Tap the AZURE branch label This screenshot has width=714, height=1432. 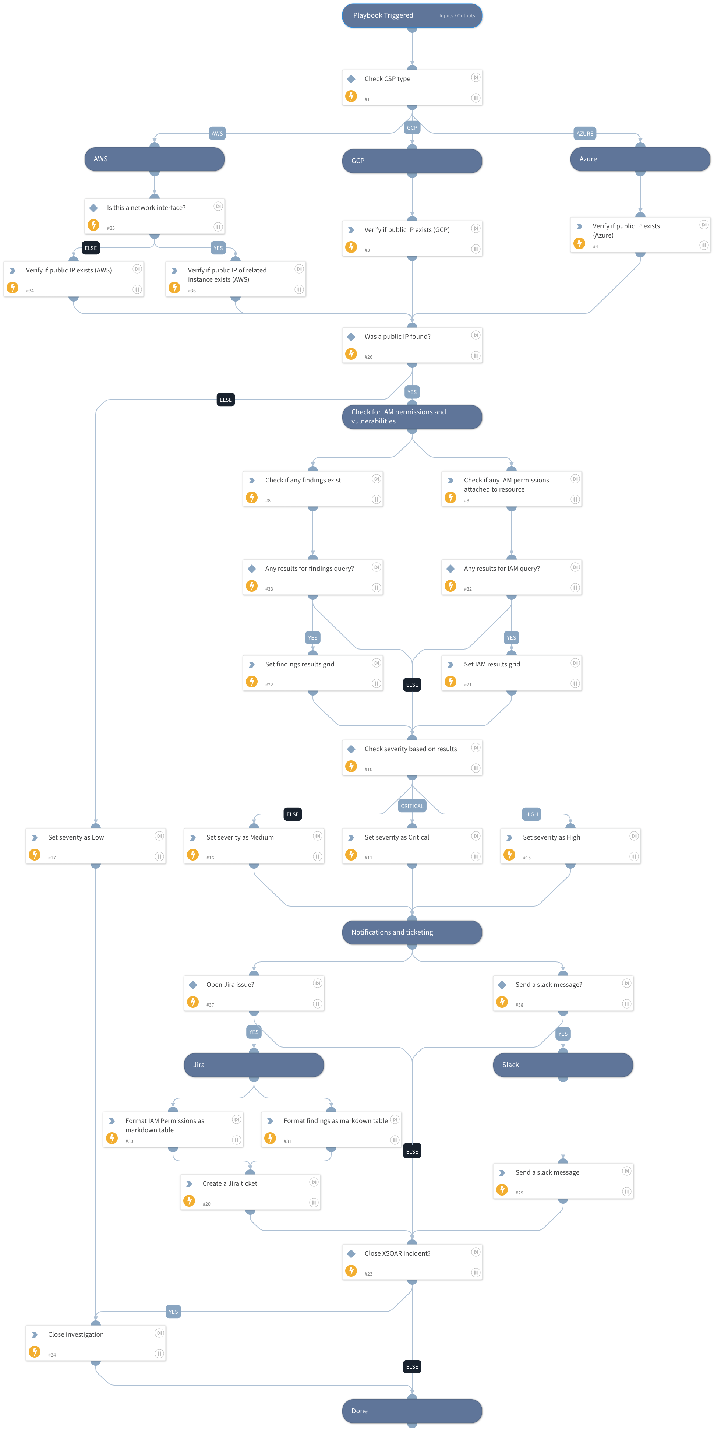[584, 133]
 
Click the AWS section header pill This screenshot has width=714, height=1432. [155, 159]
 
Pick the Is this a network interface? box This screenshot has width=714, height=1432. [155, 216]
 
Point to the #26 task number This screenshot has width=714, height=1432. [368, 357]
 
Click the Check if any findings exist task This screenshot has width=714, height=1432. [313, 489]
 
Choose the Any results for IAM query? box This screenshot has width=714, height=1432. [511, 577]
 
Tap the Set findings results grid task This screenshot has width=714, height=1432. [313, 673]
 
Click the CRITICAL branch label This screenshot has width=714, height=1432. [412, 806]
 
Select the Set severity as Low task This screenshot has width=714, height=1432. [96, 845]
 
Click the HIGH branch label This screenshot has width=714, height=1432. [531, 814]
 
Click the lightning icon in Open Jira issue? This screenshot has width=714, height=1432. [193, 1002]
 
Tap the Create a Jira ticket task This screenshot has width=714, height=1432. [250, 1192]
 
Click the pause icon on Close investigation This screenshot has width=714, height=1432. [159, 1354]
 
